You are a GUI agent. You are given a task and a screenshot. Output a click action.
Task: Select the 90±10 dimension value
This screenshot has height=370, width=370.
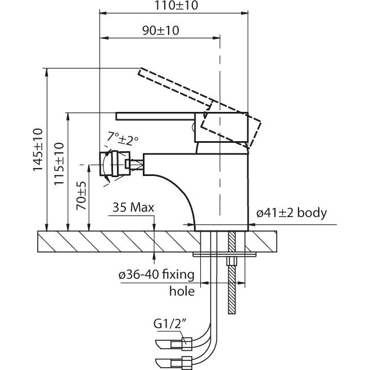point(160,31)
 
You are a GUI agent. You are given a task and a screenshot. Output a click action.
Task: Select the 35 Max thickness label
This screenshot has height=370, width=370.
point(133,208)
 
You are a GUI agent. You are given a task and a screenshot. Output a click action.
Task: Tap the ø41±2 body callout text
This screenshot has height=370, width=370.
point(292,213)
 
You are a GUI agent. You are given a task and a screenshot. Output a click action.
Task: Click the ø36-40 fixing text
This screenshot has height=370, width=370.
point(156,275)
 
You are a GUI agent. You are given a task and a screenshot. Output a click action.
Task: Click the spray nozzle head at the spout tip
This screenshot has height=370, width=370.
point(115,165)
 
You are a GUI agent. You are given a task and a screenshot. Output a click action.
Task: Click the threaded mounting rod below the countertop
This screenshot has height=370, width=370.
point(231,287)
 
